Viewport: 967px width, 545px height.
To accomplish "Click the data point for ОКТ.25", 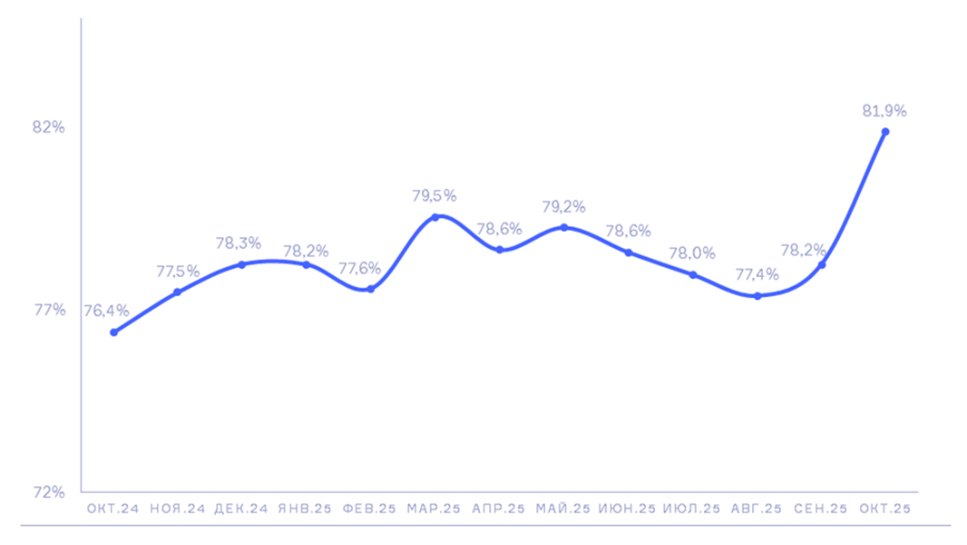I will point(885,132).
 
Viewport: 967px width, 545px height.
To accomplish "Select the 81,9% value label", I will point(884,111).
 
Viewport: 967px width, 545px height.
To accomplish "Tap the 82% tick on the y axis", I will point(49,127).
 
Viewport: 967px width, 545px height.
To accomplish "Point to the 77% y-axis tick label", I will point(49,310).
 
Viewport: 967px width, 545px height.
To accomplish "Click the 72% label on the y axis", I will point(49,492).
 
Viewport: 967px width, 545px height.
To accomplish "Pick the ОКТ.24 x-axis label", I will point(112,510).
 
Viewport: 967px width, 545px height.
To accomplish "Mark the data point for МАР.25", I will point(435,217).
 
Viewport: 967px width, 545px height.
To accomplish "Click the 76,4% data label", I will point(106,311).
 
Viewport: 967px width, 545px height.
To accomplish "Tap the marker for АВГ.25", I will point(757,296).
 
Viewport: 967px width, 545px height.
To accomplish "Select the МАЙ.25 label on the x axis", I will point(563,510).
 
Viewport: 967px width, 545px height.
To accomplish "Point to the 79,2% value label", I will point(563,206).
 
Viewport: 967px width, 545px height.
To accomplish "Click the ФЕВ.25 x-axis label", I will point(369,510).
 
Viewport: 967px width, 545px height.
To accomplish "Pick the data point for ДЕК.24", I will point(241,264).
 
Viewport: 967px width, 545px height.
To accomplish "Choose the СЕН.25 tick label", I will point(821,510).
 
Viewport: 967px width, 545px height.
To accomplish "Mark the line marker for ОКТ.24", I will point(113,332).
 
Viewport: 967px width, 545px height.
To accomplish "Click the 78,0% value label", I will point(692,253).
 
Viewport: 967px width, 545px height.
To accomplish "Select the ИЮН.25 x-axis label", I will point(627,510).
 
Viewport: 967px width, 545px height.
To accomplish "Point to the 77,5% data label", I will point(178,271).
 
